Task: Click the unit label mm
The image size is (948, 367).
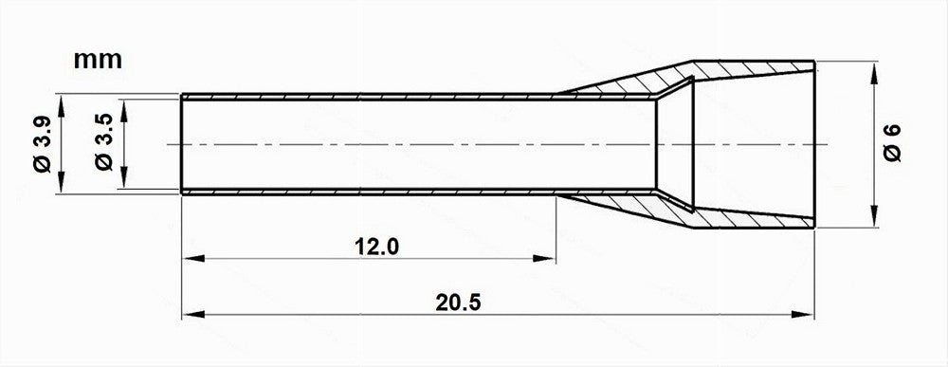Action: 98,60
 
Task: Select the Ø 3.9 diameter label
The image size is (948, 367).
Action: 43,144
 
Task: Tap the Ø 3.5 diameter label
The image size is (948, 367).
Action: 104,142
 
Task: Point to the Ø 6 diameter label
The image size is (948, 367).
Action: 892,142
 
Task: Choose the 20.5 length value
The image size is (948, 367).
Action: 458,303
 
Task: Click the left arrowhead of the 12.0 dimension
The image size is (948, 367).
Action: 193,259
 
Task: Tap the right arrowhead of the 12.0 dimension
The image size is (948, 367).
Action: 544,259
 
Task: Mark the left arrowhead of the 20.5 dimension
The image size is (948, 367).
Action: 193,315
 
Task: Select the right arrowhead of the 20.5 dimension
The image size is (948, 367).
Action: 803,315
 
